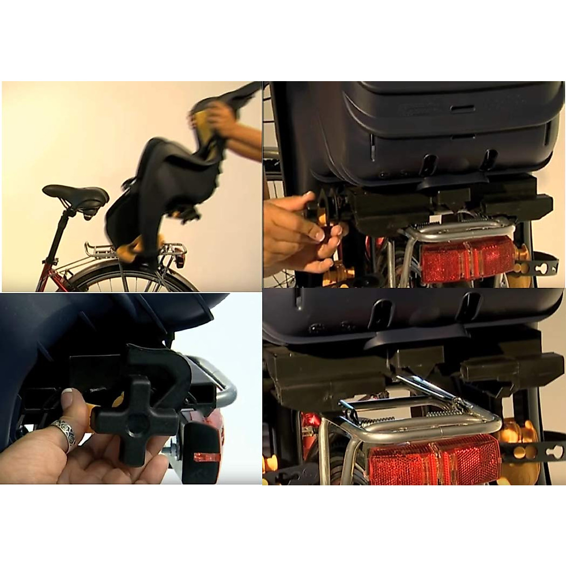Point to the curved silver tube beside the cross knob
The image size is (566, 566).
click(x=222, y=387)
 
